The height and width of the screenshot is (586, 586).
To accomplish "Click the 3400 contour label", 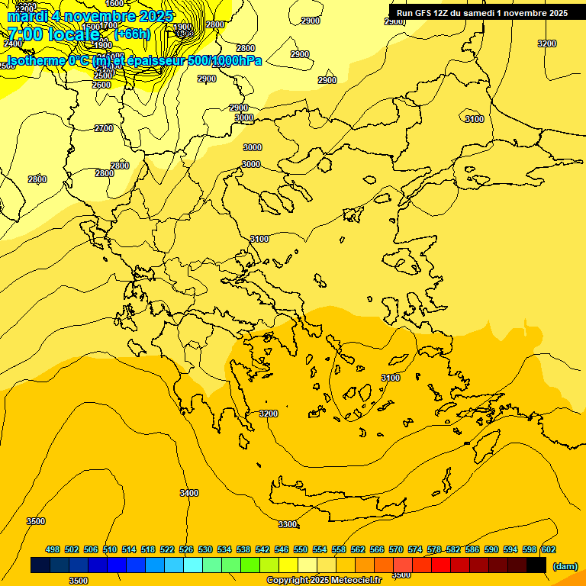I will click(x=189, y=493).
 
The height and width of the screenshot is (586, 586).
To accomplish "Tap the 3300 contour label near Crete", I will click(x=287, y=524).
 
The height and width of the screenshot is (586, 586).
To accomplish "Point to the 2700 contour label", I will click(x=104, y=128).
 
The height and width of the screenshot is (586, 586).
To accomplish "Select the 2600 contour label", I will click(x=101, y=85).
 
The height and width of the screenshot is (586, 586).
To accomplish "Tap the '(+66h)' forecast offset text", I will click(x=132, y=34).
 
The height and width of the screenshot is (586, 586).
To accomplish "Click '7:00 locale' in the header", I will click(x=53, y=34).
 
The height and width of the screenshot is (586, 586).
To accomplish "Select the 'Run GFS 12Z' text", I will click(x=423, y=13).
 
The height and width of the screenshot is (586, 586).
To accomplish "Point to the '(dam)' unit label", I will click(x=565, y=565).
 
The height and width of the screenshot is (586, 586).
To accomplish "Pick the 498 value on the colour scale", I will click(x=53, y=549).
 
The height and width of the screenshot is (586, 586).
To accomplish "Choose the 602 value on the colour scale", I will click(x=549, y=549).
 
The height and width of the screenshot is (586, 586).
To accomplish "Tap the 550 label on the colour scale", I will click(x=301, y=549).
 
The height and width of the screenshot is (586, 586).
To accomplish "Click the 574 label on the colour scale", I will click(x=415, y=549).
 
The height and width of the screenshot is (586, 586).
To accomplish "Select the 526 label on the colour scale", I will click(x=186, y=549).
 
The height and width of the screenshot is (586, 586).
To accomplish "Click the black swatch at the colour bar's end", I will click(x=536, y=565).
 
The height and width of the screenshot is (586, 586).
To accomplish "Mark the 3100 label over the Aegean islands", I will click(x=390, y=378).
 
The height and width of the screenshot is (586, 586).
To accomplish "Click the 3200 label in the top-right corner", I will click(x=546, y=43).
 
